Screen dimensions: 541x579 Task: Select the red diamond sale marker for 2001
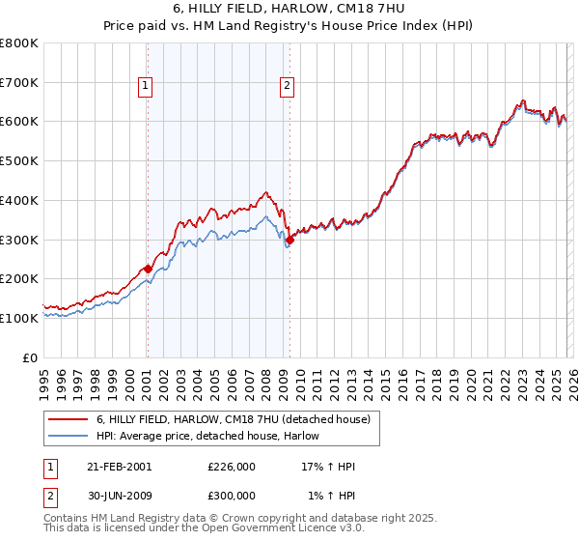pyautogui.click(x=148, y=269)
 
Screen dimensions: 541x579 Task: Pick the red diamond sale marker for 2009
pyautogui.click(x=289, y=240)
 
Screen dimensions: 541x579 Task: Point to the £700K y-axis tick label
pyautogui.click(x=19, y=83)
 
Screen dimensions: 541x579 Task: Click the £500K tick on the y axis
pyautogui.click(x=19, y=161)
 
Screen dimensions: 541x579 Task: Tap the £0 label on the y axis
pyautogui.click(x=30, y=357)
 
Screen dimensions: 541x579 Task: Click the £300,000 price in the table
pyautogui.click(x=232, y=496)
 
